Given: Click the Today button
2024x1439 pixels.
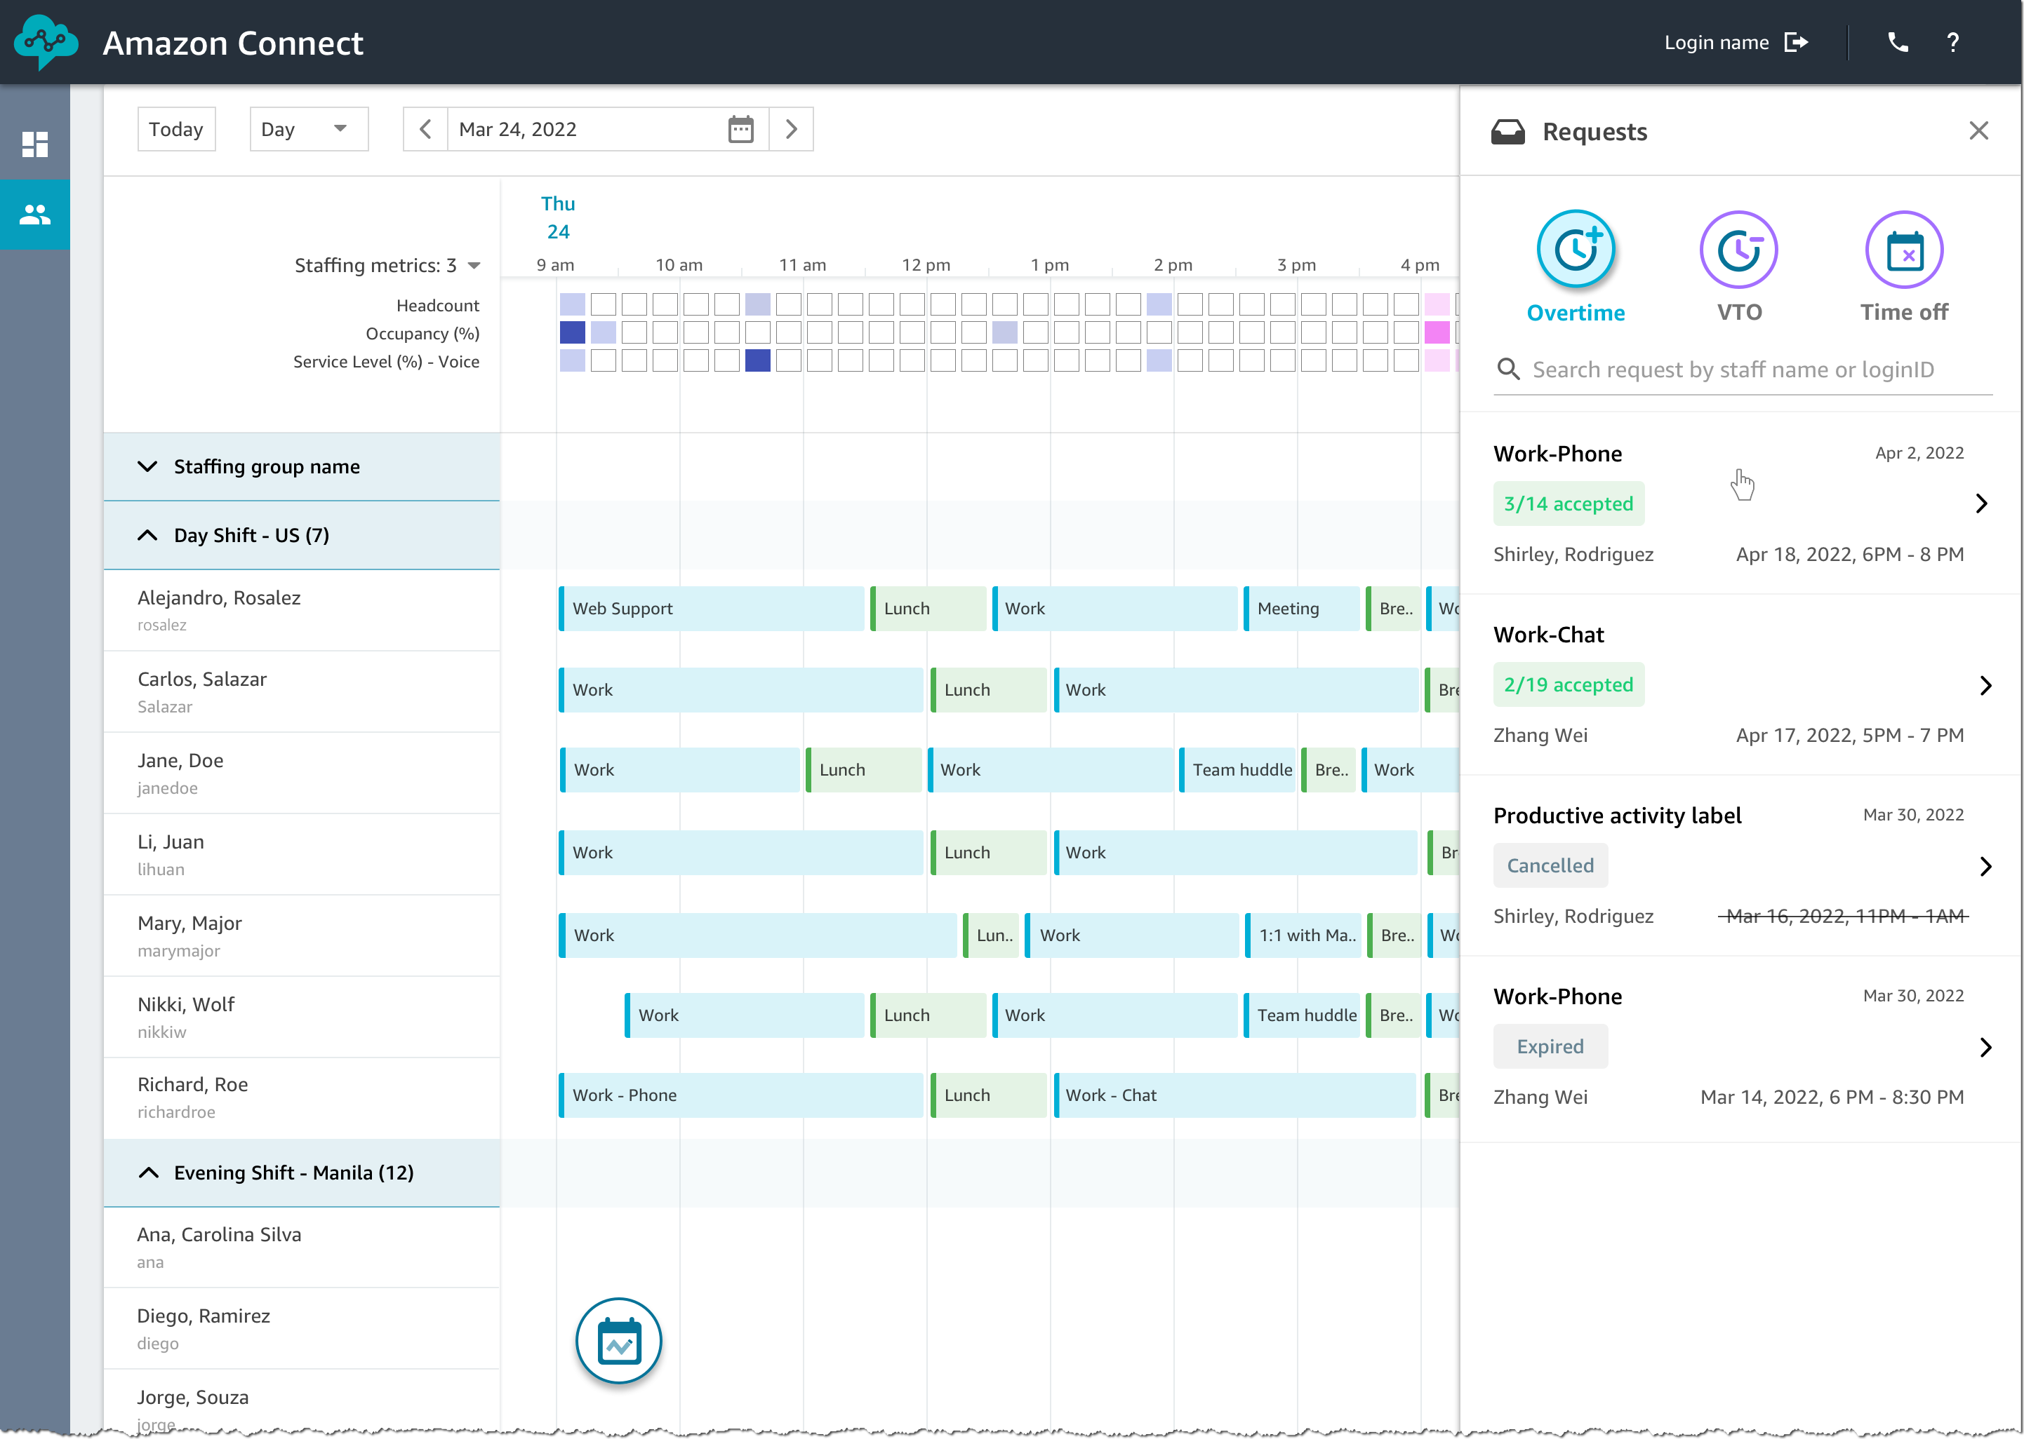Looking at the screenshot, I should coord(175,129).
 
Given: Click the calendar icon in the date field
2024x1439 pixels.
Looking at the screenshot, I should coord(740,129).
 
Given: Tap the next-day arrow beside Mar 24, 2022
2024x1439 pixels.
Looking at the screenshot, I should coord(792,129).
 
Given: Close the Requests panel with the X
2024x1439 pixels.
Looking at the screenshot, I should coord(1978,131).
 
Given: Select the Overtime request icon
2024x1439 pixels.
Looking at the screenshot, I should coord(1576,250).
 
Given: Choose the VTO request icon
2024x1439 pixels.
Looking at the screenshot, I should coord(1738,250).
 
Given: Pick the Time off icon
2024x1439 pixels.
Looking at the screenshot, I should coord(1903,250).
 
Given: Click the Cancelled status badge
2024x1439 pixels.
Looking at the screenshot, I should coord(1550,865).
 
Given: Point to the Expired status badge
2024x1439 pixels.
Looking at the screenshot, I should coord(1550,1046).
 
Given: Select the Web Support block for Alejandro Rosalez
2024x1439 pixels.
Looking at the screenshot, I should coord(712,609).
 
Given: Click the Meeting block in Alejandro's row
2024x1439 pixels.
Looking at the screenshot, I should coord(1300,609).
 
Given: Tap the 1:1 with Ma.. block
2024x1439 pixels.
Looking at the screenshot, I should coord(1305,935).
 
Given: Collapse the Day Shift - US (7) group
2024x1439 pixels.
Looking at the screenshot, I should coord(148,535).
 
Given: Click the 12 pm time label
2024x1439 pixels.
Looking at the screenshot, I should coord(926,265).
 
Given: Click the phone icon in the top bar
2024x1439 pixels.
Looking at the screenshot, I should coord(1897,43).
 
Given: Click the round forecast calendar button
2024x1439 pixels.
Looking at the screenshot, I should coord(619,1341).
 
